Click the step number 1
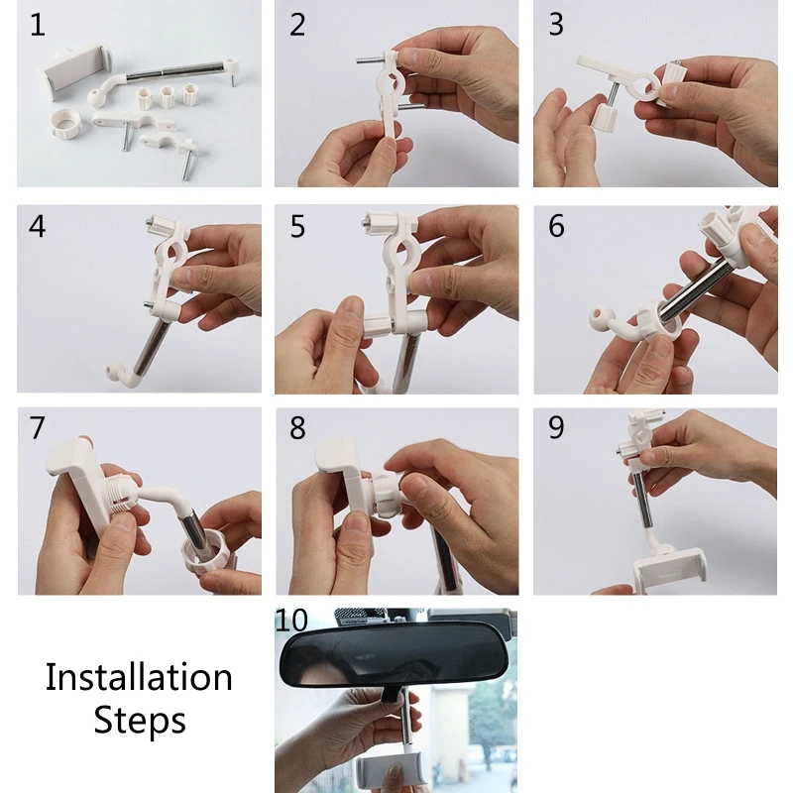pyautogui.click(x=38, y=25)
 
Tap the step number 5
pyautogui.click(x=297, y=226)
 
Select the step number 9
pyautogui.click(x=556, y=428)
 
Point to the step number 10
pyautogui.click(x=291, y=621)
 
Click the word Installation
pyautogui.click(x=139, y=677)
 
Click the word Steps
pyautogui.click(x=140, y=721)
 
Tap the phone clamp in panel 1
pyautogui.click(x=75, y=71)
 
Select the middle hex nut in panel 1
pyautogui.click(x=168, y=96)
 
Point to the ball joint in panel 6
pyautogui.click(x=600, y=316)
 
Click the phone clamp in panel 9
pyautogui.click(x=669, y=571)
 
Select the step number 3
pyautogui.click(x=556, y=24)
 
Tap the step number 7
pyautogui.click(x=38, y=428)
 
